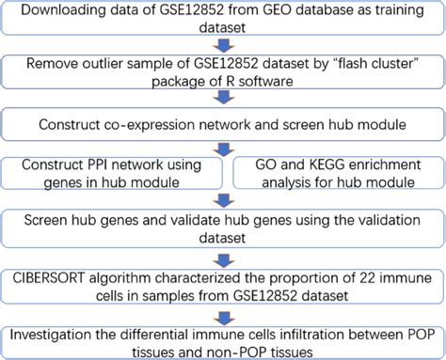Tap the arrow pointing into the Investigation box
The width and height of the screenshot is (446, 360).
tap(223, 311)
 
